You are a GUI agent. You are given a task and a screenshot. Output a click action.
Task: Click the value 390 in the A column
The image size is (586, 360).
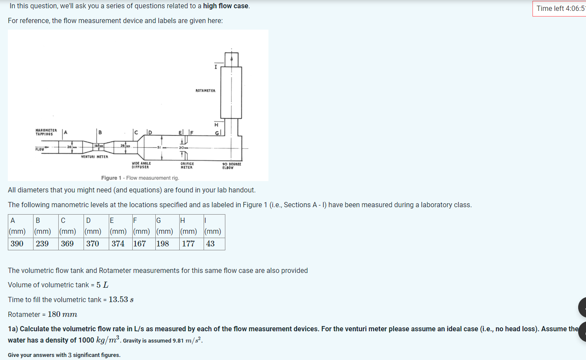[17, 244]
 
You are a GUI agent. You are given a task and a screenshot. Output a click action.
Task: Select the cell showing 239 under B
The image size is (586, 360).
[42, 244]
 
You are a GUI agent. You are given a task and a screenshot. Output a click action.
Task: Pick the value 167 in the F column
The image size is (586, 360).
[140, 244]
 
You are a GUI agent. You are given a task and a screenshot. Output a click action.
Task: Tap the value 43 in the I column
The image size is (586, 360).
[210, 244]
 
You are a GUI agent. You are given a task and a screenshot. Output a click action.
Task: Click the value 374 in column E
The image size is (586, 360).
[118, 244]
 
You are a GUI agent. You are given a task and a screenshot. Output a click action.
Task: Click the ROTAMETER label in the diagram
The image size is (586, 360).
[205, 91]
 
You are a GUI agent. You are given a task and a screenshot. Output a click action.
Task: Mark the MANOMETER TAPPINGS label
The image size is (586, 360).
[46, 132]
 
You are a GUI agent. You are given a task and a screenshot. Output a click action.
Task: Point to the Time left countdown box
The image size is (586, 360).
[560, 8]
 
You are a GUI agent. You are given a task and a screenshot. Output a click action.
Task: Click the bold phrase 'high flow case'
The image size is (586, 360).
[226, 6]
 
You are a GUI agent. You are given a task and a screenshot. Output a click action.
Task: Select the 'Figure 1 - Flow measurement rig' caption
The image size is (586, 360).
[140, 178]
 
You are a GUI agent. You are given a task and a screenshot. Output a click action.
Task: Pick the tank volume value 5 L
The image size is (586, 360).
[102, 285]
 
